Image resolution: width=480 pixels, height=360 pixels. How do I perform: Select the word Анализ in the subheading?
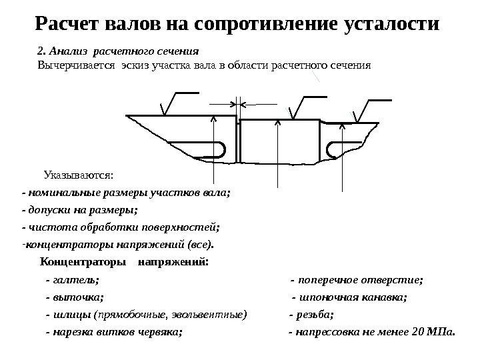(69, 51)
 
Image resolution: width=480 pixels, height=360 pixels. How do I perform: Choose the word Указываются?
(79, 175)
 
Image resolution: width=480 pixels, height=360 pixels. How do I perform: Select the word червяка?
(158, 331)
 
